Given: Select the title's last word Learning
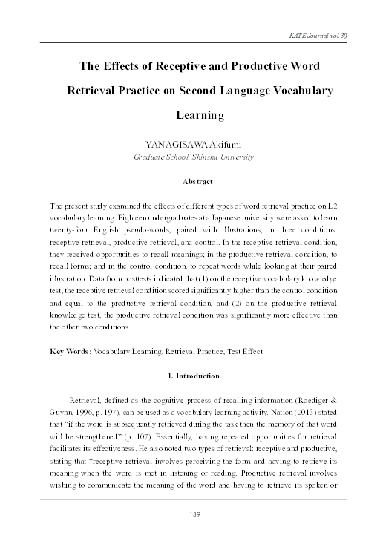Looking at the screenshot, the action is [200, 116].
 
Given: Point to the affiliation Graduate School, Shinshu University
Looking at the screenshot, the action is [192, 157].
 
